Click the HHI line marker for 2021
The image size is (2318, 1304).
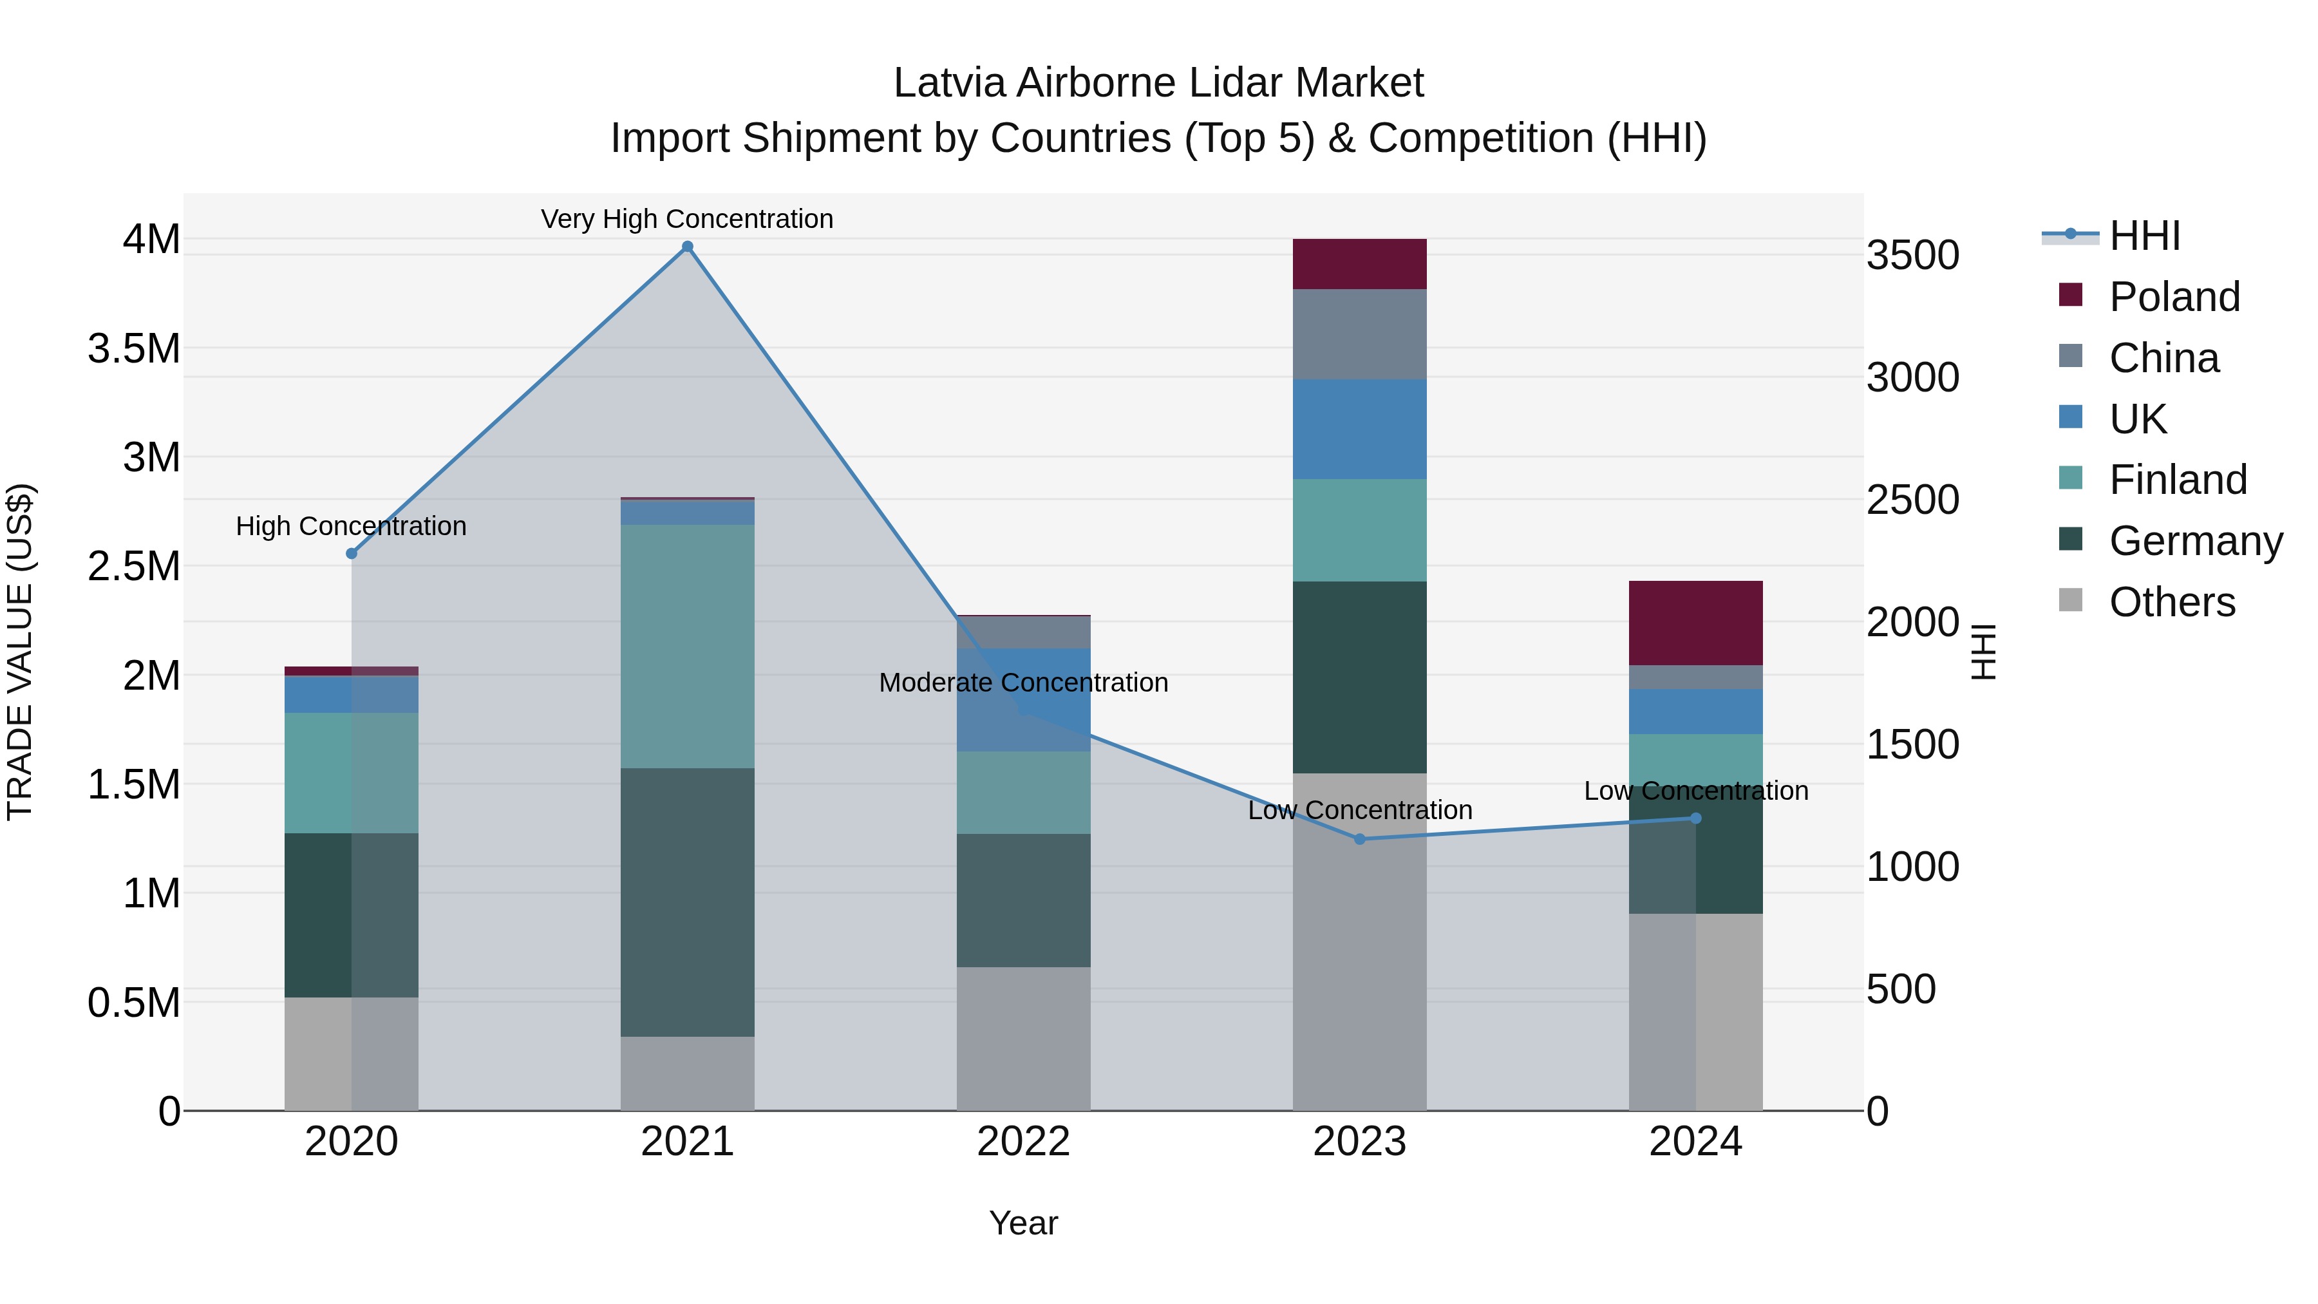(688, 247)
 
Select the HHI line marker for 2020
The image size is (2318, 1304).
(352, 553)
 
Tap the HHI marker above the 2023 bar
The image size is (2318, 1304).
(1360, 838)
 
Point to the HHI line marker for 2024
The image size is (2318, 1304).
(1695, 818)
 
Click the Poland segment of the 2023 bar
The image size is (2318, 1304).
(1360, 263)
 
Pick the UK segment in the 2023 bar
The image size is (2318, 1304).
(1360, 428)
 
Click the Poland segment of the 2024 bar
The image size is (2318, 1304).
(1695, 623)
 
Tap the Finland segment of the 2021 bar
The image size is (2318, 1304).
(688, 645)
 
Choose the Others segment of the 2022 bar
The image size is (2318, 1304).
(1023, 1039)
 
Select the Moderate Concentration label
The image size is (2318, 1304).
(1023, 682)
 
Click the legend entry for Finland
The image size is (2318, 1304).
(2178, 480)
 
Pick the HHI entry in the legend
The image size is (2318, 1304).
(2144, 236)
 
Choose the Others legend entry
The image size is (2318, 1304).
(2171, 602)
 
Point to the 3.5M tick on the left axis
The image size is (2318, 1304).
(134, 349)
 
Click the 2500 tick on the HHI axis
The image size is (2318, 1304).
(1912, 500)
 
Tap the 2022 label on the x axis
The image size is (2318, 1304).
(1023, 1142)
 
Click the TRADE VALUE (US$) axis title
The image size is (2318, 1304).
(20, 652)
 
